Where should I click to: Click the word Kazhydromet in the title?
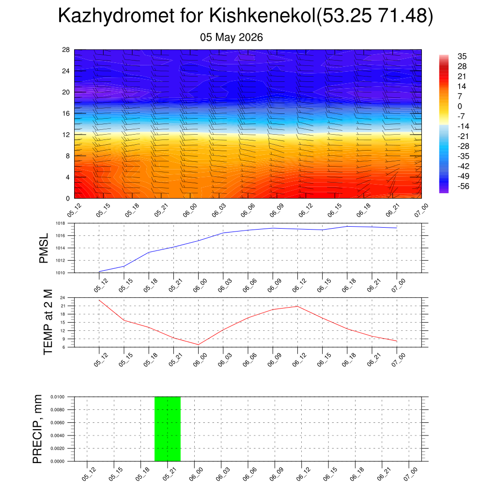pyautogui.click(x=116, y=15)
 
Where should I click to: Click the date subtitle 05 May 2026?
pyautogui.click(x=231, y=37)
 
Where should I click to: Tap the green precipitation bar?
pyautogui.click(x=167, y=429)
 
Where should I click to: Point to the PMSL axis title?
pyautogui.click(x=43, y=248)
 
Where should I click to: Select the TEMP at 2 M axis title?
pyautogui.click(x=48, y=322)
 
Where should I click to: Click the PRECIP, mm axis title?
pyautogui.click(x=37, y=429)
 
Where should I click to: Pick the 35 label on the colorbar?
pyautogui.click(x=462, y=56)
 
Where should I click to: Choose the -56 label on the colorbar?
pyautogui.click(x=463, y=186)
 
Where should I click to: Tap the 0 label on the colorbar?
pyautogui.click(x=460, y=106)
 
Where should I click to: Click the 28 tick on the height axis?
pyautogui.click(x=65, y=50)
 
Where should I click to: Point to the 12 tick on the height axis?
pyautogui.click(x=65, y=135)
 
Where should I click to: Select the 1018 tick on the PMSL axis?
pyautogui.click(x=60, y=223)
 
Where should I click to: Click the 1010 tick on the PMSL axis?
pyautogui.click(x=60, y=273)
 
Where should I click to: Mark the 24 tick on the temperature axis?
pyautogui.click(x=62, y=298)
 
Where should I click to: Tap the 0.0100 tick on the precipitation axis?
pyautogui.click(x=57, y=397)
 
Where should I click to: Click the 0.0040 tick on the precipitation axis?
pyautogui.click(x=57, y=435)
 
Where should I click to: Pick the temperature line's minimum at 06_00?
pyautogui.click(x=198, y=345)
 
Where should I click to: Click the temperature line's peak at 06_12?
pyautogui.click(x=297, y=306)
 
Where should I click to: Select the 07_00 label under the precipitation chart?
pyautogui.click(x=411, y=474)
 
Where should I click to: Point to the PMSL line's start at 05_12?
pyautogui.click(x=99, y=272)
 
